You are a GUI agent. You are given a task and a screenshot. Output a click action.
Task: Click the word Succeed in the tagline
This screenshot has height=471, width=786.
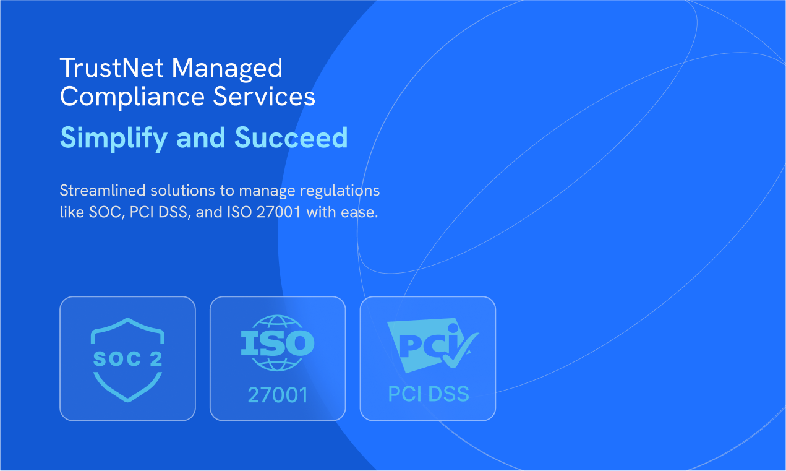pyautogui.click(x=291, y=137)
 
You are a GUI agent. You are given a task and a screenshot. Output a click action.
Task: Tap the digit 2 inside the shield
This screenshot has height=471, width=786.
pyautogui.click(x=156, y=360)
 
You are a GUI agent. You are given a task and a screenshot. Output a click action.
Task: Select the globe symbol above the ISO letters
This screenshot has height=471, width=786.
pyautogui.click(x=278, y=322)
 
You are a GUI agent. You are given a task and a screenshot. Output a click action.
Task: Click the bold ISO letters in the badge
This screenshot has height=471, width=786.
pyautogui.click(x=278, y=344)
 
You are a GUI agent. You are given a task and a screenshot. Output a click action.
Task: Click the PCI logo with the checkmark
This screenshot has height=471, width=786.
pyautogui.click(x=428, y=345)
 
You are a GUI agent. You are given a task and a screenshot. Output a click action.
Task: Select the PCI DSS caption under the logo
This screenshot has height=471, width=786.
pyautogui.click(x=428, y=394)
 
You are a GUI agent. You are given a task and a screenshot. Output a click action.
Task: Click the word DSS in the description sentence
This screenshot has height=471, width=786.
pyautogui.click(x=172, y=212)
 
